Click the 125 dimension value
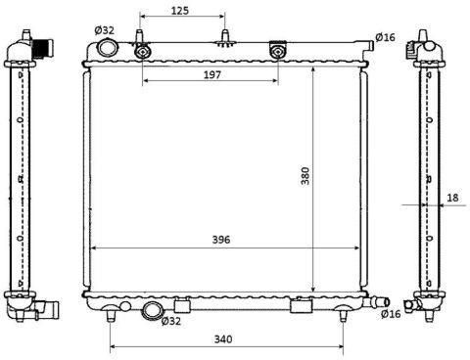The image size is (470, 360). pos(180,11)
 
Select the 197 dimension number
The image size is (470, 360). pos(212,75)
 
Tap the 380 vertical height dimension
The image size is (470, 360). pos(305,176)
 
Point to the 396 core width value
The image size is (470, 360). pos(221,240)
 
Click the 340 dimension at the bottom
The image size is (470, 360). pos(223,339)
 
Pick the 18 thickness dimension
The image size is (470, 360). pos(452,198)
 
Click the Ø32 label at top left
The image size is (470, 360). pos(105,30)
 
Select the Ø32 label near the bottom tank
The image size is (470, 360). pos(171,321)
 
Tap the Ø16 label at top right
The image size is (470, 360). pos(385,37)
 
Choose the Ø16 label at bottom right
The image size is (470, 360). pos(391,314)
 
